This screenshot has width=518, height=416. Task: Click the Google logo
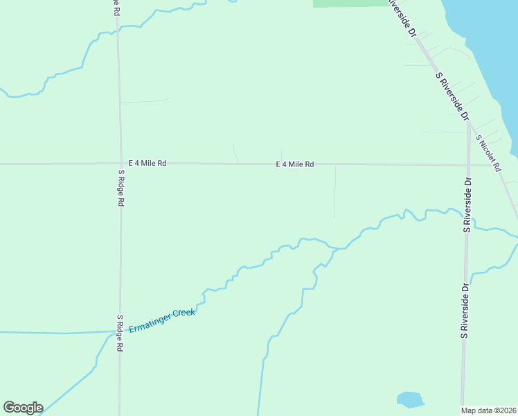[23, 408]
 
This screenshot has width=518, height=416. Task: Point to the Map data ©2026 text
[489, 410]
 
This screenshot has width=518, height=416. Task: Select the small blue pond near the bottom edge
[409, 399]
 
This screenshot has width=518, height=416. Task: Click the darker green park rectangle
[350, 3]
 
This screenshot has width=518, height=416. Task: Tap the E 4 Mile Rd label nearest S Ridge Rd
[143, 164]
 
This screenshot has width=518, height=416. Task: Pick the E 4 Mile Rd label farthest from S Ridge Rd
[295, 164]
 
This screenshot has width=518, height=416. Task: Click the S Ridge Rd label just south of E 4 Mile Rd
[120, 188]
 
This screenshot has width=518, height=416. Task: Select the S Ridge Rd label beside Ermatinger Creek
[120, 333]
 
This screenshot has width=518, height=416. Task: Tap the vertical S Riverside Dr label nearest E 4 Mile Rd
[468, 205]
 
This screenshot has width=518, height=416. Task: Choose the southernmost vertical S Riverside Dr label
[465, 311]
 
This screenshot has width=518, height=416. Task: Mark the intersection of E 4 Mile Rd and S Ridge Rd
[120, 164]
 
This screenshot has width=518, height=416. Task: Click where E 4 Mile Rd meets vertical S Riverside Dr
[469, 165]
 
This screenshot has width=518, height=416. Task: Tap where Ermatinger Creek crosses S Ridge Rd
[119, 331]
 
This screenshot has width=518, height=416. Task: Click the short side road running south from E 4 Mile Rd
[335, 191]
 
